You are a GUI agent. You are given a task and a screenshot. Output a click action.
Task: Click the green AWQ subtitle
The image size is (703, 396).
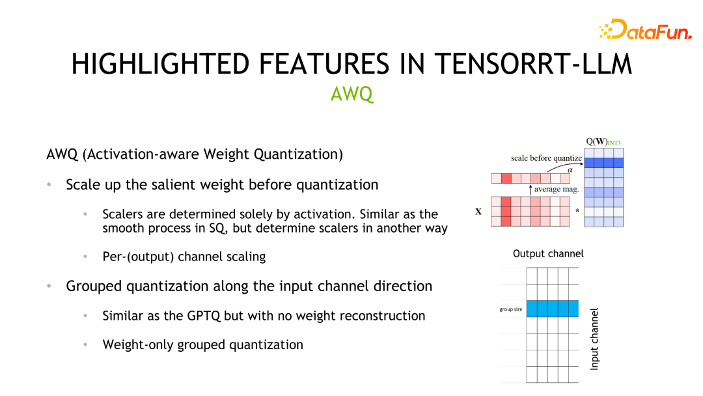click(351, 94)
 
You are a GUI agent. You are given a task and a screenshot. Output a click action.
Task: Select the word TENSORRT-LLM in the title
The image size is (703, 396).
click(533, 64)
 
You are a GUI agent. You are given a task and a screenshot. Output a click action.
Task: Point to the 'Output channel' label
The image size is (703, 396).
click(548, 253)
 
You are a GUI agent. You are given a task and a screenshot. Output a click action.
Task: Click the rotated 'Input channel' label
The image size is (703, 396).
click(594, 339)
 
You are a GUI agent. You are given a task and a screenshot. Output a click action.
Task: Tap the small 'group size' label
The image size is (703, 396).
click(510, 309)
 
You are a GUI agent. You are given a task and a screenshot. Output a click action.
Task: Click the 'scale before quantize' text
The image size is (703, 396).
click(546, 158)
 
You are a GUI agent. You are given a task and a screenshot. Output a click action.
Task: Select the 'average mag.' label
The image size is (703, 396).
click(557, 190)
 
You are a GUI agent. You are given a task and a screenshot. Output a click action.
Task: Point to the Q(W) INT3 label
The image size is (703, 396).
click(604, 142)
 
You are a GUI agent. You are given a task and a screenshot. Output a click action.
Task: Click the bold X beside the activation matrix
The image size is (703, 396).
click(478, 212)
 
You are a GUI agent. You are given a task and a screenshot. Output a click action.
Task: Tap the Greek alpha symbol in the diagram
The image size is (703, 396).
click(570, 169)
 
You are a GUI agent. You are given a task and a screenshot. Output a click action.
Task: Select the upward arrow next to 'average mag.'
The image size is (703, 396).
click(531, 190)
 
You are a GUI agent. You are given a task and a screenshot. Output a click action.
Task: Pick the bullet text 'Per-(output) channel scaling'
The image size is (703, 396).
click(184, 257)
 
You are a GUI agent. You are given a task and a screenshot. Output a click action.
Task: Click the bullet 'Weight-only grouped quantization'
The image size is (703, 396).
click(202, 345)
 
